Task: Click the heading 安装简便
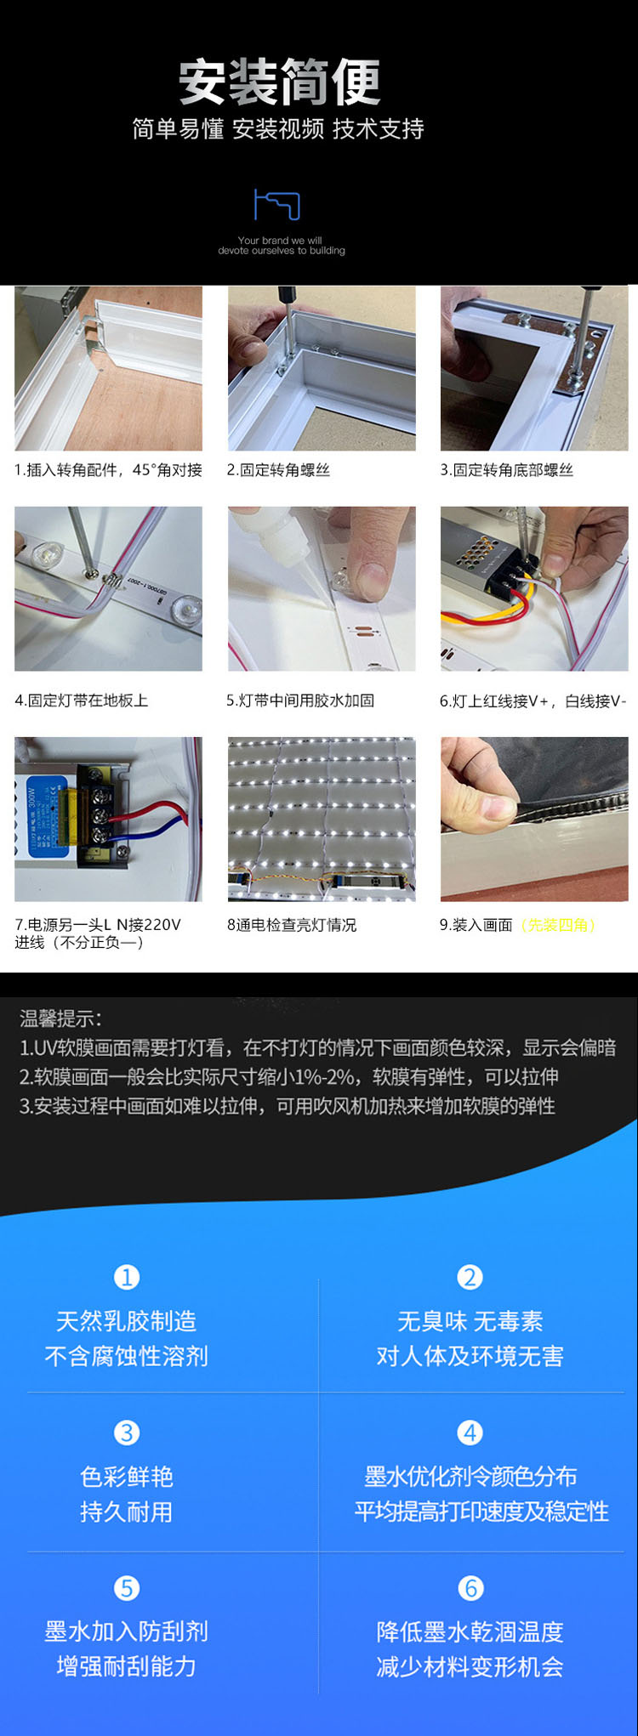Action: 279,82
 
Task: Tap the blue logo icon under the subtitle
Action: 277,205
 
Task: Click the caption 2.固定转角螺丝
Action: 278,470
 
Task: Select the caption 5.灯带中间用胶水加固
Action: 300,701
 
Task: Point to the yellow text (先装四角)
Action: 559,925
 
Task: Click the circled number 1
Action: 127,1277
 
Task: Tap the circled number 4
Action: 470,1432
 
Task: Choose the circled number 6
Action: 470,1588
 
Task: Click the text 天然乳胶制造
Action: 127,1321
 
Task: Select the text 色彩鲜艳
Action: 127,1477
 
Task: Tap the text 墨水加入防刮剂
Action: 127,1631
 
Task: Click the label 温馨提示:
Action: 60,1018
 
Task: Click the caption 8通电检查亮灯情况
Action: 292,925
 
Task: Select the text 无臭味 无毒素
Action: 470,1321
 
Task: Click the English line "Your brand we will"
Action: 280,241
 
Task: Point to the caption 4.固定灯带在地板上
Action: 81,701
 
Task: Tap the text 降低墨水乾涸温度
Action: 470,1631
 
